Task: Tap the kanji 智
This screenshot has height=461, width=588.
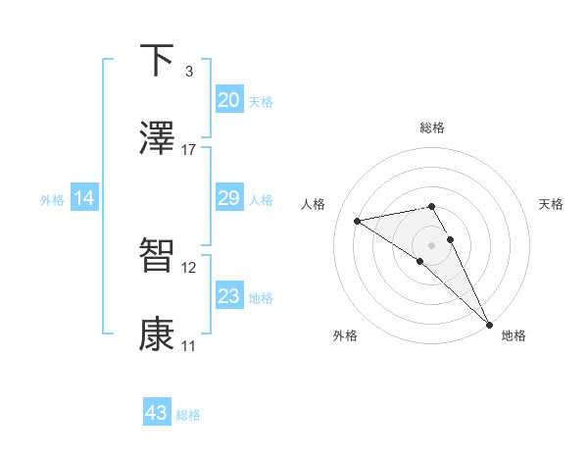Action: tap(157, 255)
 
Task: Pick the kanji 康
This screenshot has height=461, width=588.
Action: tap(157, 334)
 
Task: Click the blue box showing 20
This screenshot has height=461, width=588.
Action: tap(229, 100)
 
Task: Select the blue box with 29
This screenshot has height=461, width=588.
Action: tap(229, 198)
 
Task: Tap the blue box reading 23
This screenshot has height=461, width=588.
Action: tap(229, 296)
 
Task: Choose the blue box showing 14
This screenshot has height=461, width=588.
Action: tap(84, 198)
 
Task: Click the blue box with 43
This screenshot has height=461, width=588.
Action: tap(157, 413)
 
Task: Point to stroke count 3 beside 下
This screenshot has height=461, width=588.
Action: tap(189, 71)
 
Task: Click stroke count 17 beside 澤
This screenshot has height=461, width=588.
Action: tap(189, 150)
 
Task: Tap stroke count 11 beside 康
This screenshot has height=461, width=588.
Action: tap(189, 346)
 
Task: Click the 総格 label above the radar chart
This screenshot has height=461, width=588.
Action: tap(432, 128)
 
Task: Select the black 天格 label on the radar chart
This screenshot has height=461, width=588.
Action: tap(552, 204)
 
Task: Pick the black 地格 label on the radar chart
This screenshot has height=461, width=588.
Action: tap(514, 335)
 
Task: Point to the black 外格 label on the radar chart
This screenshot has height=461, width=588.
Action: tap(345, 335)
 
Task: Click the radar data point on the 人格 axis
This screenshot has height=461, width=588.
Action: tap(358, 221)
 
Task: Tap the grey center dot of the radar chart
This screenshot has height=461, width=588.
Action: tap(432, 244)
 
